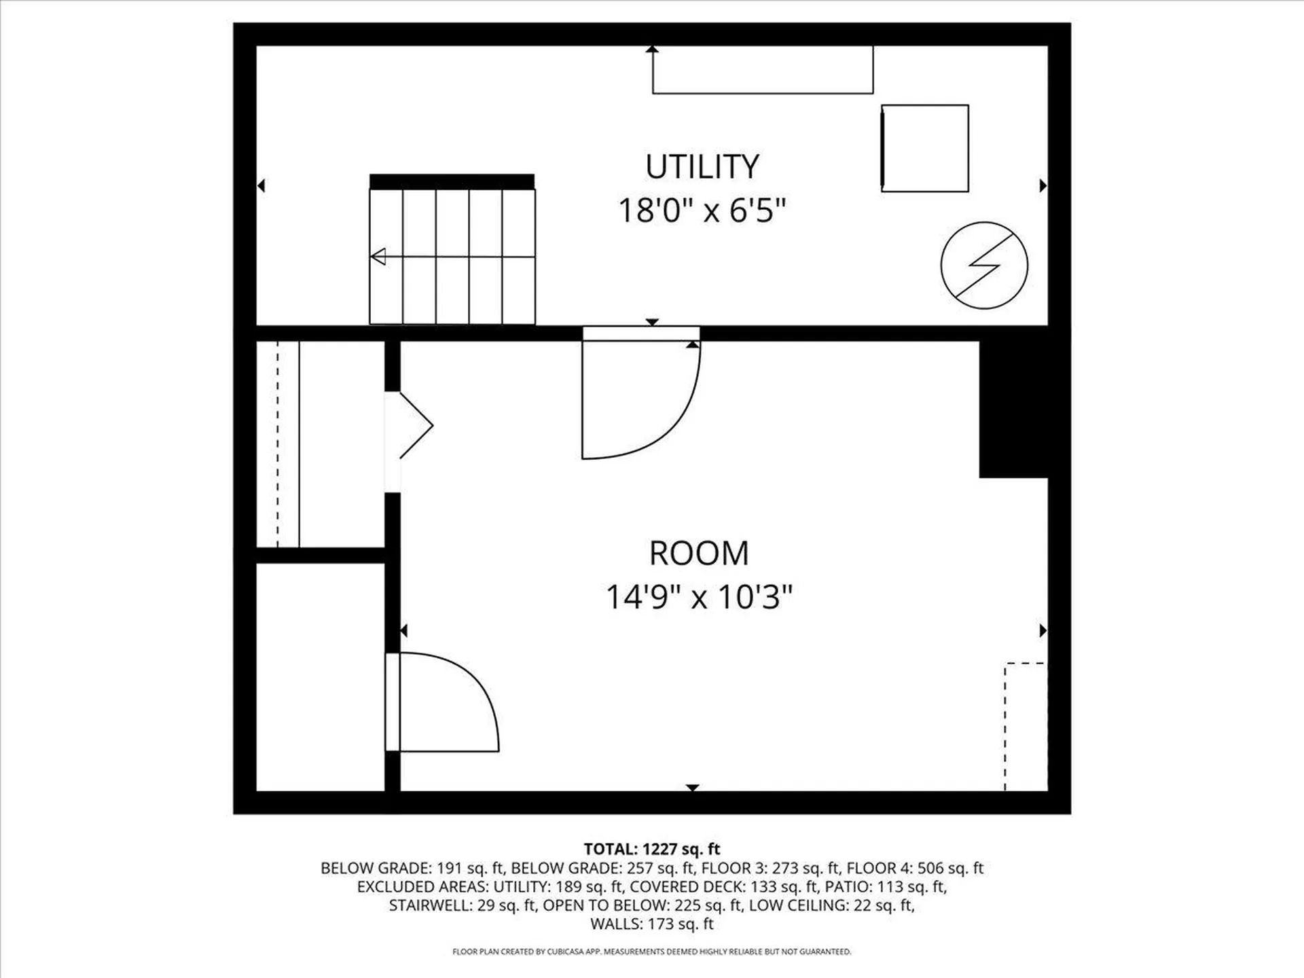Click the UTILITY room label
click(702, 167)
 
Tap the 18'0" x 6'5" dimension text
click(702, 211)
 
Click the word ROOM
click(699, 554)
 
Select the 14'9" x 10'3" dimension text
click(699, 598)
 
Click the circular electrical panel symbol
click(984, 266)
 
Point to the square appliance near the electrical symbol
click(924, 148)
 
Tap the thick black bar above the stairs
click(452, 181)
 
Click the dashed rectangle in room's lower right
click(1026, 727)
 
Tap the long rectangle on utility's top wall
click(762, 70)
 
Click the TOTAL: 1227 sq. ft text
click(652, 849)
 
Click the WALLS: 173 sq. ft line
click(652, 924)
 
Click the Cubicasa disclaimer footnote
click(652, 952)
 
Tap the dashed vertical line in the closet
click(277, 445)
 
